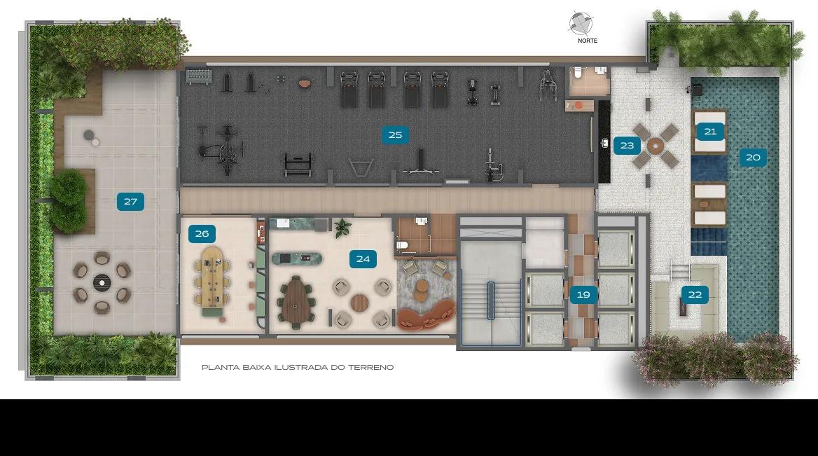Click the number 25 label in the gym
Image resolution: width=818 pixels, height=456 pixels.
click(395, 135)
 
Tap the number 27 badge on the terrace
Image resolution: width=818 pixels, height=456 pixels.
click(130, 202)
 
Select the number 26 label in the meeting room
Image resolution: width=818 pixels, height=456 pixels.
click(202, 234)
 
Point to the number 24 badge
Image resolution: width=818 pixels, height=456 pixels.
click(363, 258)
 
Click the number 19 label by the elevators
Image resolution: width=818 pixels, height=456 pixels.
click(583, 295)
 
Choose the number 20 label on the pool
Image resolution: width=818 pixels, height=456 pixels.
click(753, 157)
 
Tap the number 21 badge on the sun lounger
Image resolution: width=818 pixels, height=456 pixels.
click(711, 132)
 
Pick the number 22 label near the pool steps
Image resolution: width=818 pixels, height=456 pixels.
click(695, 295)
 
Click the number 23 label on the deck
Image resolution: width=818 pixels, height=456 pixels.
click(627, 146)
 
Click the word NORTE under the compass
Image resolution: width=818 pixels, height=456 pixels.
click(588, 41)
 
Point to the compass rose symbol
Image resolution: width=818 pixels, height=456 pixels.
click(581, 24)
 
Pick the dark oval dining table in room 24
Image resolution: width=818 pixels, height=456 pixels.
click(296, 303)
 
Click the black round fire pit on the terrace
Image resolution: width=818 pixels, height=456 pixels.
click(102, 283)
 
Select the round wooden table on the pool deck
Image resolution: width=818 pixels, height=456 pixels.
click(656, 146)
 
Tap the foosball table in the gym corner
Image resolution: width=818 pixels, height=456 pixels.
click(200, 77)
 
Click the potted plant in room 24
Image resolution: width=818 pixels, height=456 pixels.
click(342, 228)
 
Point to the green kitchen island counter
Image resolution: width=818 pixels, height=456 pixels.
click(297, 258)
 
